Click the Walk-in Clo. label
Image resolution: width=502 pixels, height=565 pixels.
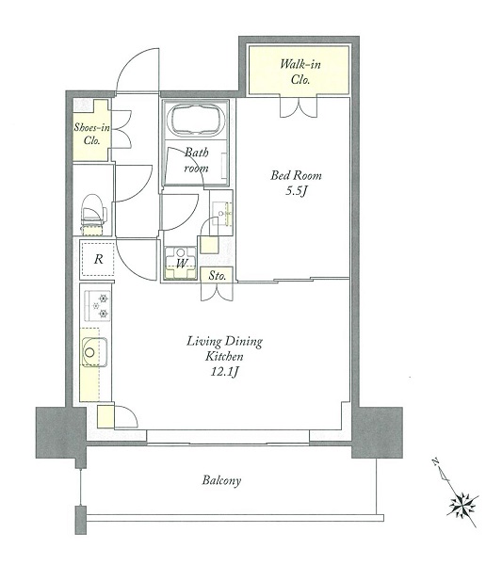[x=300, y=72]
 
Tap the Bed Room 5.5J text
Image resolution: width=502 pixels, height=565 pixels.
[x=296, y=183]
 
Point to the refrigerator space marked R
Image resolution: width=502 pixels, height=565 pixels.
[x=98, y=259]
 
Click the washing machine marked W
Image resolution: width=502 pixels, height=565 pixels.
[x=181, y=263]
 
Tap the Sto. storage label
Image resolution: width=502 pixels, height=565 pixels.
[x=218, y=276]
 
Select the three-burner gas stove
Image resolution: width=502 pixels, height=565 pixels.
[x=97, y=305]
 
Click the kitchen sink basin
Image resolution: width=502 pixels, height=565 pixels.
[x=94, y=352]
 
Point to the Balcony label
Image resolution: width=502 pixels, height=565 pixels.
[x=221, y=480]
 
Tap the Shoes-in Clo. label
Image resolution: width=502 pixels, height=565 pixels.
[x=91, y=134]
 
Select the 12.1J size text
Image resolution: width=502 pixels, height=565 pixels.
[x=224, y=372]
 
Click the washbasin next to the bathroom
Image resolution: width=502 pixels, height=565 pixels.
[x=221, y=214]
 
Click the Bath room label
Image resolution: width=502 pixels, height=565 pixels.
[x=197, y=160]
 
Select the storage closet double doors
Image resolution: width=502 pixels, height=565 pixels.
[x=217, y=292]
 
